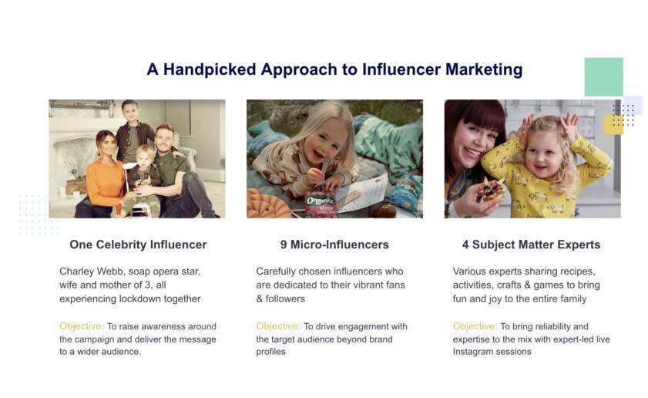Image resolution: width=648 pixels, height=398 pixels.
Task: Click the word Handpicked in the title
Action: (x=210, y=69)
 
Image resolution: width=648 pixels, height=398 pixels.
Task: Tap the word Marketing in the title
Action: (x=484, y=69)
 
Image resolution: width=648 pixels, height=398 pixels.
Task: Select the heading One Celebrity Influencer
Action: (x=138, y=245)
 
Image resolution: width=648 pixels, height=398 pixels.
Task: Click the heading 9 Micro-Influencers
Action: (x=334, y=245)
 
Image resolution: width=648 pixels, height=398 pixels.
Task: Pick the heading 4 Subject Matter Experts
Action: (x=531, y=245)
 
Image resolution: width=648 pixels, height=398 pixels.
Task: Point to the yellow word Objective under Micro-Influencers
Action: (x=278, y=326)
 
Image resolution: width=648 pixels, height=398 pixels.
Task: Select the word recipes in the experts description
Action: (x=577, y=272)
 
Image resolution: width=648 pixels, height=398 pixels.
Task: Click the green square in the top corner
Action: (x=604, y=77)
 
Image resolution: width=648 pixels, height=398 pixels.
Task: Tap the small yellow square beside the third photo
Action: (x=613, y=124)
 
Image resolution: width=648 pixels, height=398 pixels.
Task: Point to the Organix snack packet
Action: (x=321, y=204)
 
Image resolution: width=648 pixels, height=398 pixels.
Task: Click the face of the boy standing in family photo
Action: (x=129, y=113)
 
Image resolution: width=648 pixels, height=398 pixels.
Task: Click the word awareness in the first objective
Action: (x=162, y=326)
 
